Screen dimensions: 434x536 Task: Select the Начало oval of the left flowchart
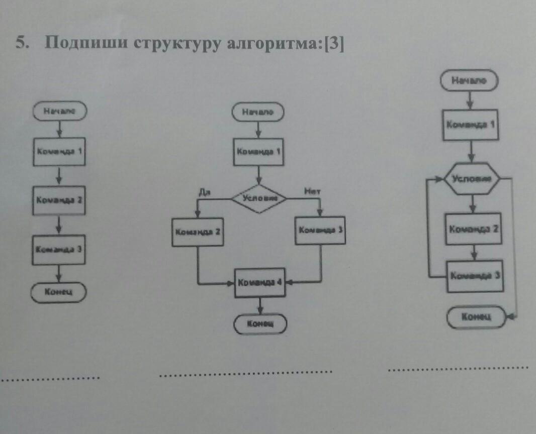60,112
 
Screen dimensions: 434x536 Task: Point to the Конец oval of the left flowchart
59,291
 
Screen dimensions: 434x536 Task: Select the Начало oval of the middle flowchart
258,113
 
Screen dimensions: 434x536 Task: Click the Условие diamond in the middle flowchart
259,197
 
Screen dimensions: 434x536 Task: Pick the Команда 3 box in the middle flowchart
320,230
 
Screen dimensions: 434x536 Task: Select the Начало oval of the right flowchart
469,81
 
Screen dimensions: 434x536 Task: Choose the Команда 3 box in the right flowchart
475,276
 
